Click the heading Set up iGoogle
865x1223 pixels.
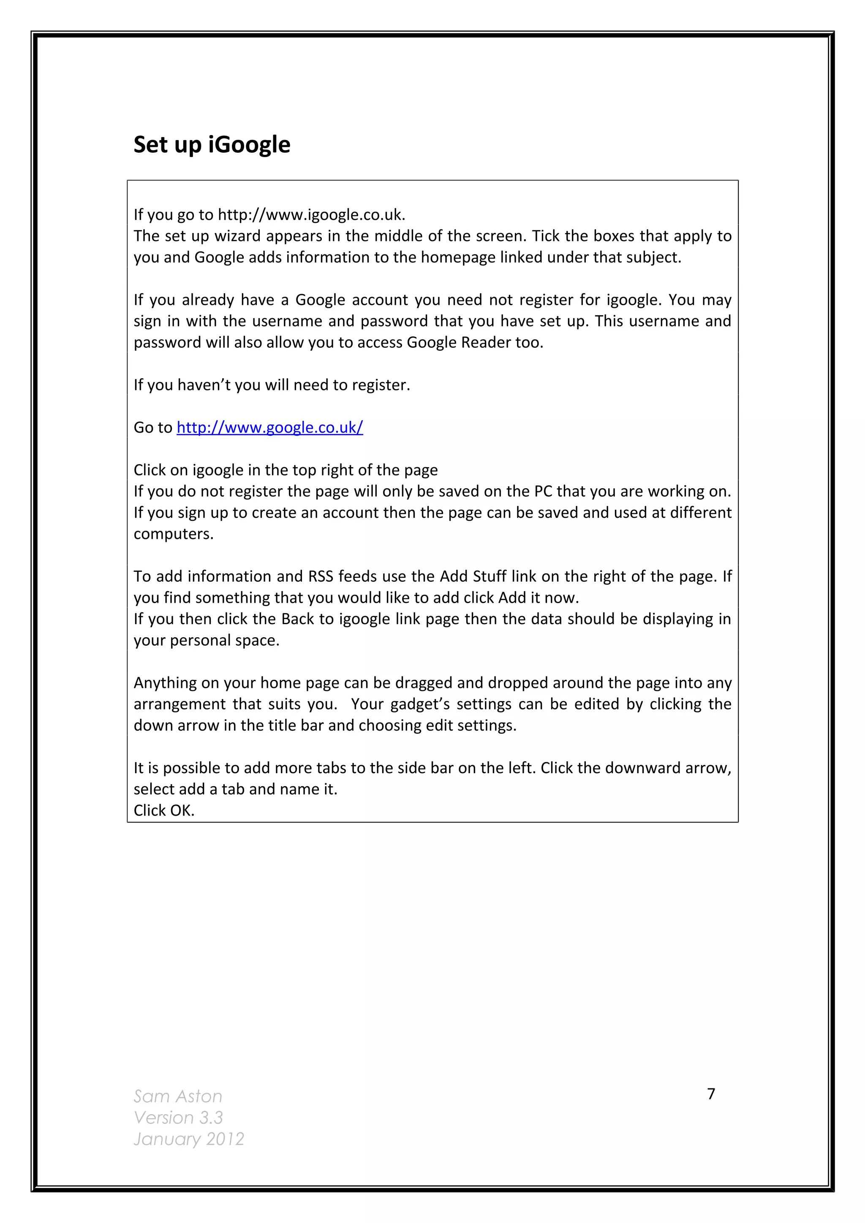(x=212, y=145)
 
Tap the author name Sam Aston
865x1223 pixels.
(x=177, y=1096)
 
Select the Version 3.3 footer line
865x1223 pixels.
(x=178, y=1117)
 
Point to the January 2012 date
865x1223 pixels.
(x=189, y=1139)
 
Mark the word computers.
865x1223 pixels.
(x=173, y=534)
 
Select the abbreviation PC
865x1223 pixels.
(x=544, y=491)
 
